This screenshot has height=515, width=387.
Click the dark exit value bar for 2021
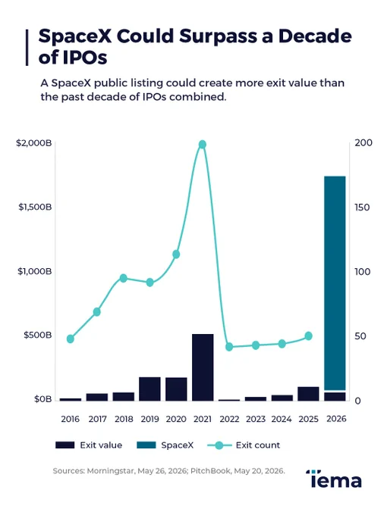[x=203, y=367]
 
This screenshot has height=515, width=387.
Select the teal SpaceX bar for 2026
[x=335, y=283]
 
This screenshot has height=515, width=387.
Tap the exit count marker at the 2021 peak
[x=203, y=145]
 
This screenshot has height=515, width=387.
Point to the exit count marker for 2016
[x=71, y=339]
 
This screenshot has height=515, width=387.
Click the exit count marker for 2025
[x=308, y=336]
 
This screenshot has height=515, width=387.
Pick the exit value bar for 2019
[x=149, y=389]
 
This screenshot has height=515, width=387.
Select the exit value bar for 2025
[x=308, y=394]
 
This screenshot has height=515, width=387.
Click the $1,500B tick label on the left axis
[x=35, y=207]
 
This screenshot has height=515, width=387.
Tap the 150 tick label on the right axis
[x=362, y=208]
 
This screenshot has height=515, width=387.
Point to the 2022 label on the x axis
[x=229, y=419]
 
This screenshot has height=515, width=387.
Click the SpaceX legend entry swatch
[x=146, y=445]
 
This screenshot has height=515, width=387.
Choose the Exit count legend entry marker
[x=219, y=445]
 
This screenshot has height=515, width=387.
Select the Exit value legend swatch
[x=64, y=445]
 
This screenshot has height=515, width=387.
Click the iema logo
[x=334, y=479]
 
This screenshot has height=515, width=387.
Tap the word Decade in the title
[x=315, y=36]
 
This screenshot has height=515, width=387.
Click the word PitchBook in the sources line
[x=210, y=470]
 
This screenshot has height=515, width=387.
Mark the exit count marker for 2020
[x=176, y=254]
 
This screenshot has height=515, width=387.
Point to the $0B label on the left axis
[x=43, y=399]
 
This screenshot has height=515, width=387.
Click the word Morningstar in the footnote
[x=111, y=471]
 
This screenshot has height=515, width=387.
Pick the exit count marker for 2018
[x=124, y=278]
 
